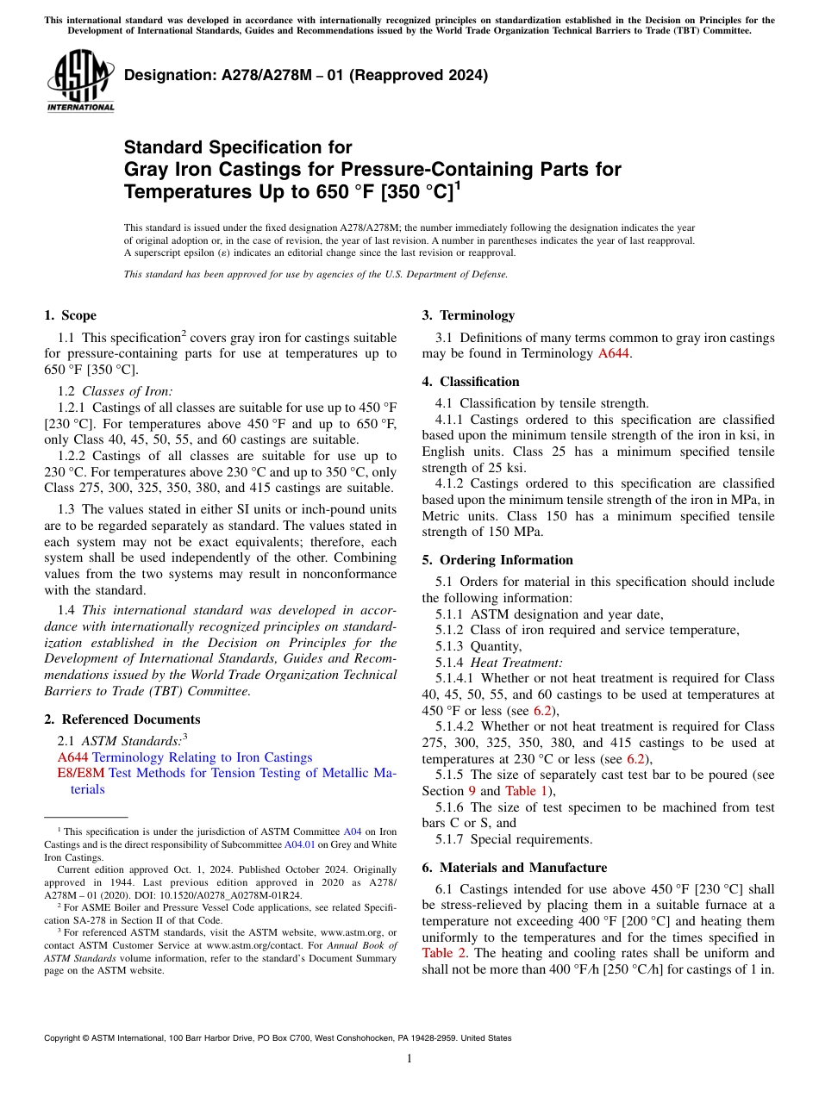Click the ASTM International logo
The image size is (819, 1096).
(80, 81)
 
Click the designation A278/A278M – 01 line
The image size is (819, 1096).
(306, 75)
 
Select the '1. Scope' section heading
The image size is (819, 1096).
(71, 315)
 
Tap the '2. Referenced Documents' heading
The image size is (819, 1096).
(122, 719)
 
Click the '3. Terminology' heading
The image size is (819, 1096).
(468, 315)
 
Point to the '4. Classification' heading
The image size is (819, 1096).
(471, 382)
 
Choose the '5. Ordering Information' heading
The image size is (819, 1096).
(497, 560)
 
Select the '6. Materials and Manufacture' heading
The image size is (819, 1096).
(514, 868)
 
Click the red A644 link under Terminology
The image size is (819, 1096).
(614, 354)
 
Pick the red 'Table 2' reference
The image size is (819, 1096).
(444, 953)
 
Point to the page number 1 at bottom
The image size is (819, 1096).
(409, 1059)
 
